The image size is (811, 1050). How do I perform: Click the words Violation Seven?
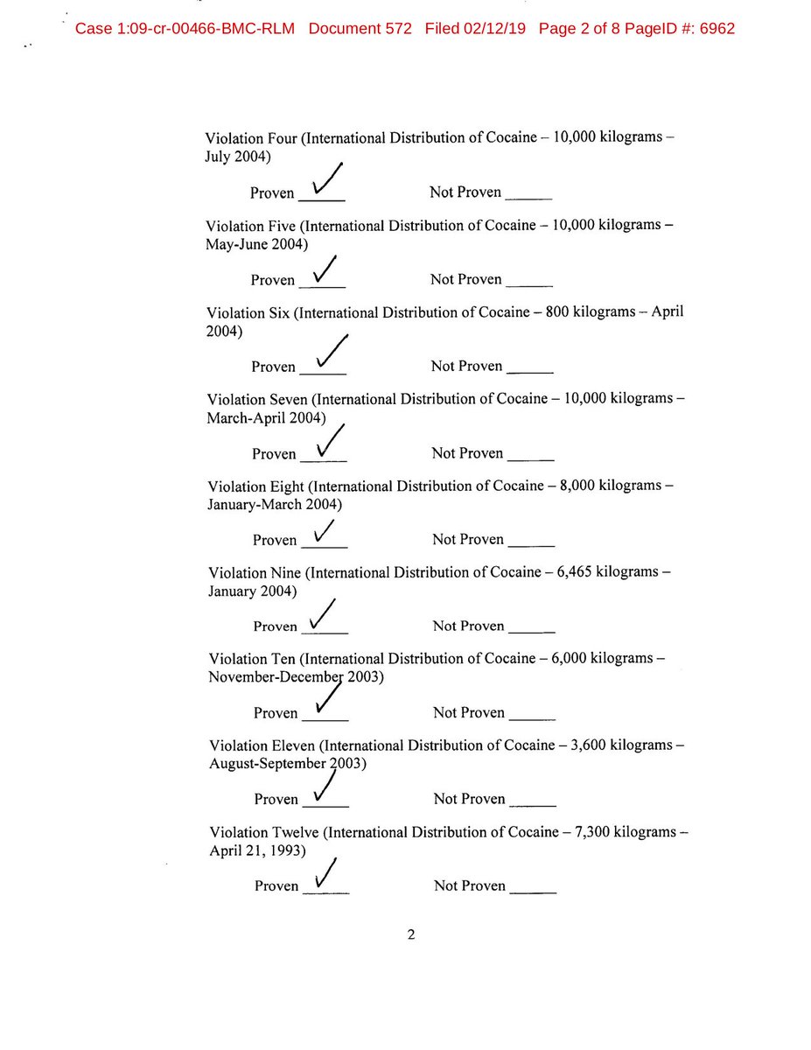tap(257, 399)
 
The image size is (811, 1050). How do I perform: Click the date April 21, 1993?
tap(256, 850)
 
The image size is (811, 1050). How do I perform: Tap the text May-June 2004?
tap(256, 245)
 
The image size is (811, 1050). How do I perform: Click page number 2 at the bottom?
tap(410, 934)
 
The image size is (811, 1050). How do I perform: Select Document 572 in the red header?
tap(360, 29)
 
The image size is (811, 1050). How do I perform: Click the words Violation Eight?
tap(256, 486)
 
